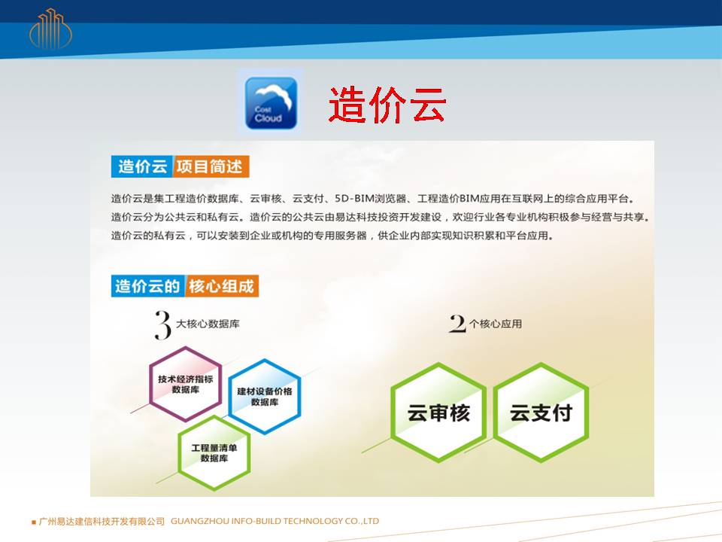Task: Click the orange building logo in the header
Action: pos(50,29)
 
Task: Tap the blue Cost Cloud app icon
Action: pos(271,103)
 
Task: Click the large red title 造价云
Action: pos(387,105)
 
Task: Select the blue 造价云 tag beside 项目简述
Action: pos(142,166)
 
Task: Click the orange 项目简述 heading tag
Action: pos(211,166)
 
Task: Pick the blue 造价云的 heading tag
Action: pos(148,286)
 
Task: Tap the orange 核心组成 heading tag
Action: pos(221,286)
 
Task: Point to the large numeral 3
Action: pos(162,325)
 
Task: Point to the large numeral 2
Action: pos(457,324)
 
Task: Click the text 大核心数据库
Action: pos(208,324)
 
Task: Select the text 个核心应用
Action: pos(496,324)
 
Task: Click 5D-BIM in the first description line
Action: pos(353,199)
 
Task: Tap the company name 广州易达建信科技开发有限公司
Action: pos(102,521)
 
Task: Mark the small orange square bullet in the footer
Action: pos(34,522)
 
